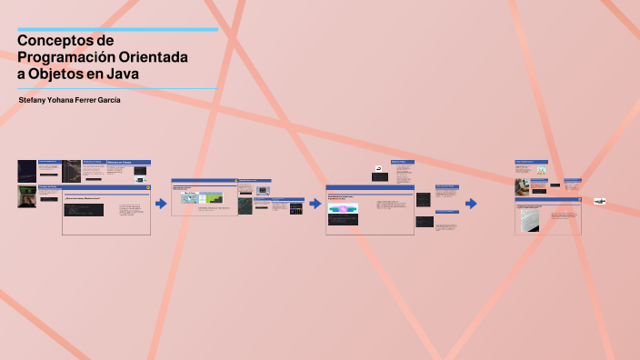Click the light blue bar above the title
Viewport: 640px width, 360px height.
point(117,30)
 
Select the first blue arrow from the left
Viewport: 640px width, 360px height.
point(161,204)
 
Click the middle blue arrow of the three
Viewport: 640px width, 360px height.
point(315,204)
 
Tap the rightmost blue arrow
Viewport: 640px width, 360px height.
point(471,204)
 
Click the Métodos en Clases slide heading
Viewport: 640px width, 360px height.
point(128,162)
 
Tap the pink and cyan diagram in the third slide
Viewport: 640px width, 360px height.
point(343,209)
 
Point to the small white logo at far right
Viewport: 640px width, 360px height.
point(599,200)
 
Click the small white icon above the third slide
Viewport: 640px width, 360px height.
point(378,169)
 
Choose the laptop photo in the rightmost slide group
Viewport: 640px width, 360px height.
point(522,186)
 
